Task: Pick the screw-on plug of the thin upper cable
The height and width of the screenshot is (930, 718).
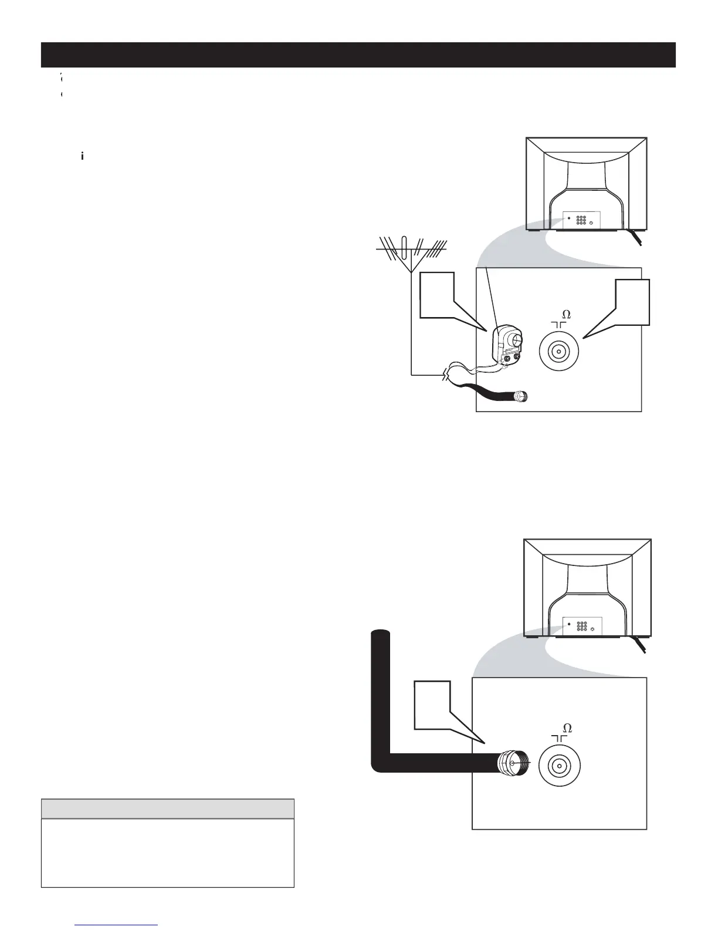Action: [x=520, y=397]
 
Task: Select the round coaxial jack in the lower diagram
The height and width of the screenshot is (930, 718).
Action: [x=560, y=767]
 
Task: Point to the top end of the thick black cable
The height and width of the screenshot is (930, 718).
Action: [x=381, y=635]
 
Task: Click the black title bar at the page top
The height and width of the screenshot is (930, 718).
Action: [x=358, y=55]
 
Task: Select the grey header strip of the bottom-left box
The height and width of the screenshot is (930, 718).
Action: [x=167, y=809]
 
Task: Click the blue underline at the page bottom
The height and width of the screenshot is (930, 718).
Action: [x=117, y=925]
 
